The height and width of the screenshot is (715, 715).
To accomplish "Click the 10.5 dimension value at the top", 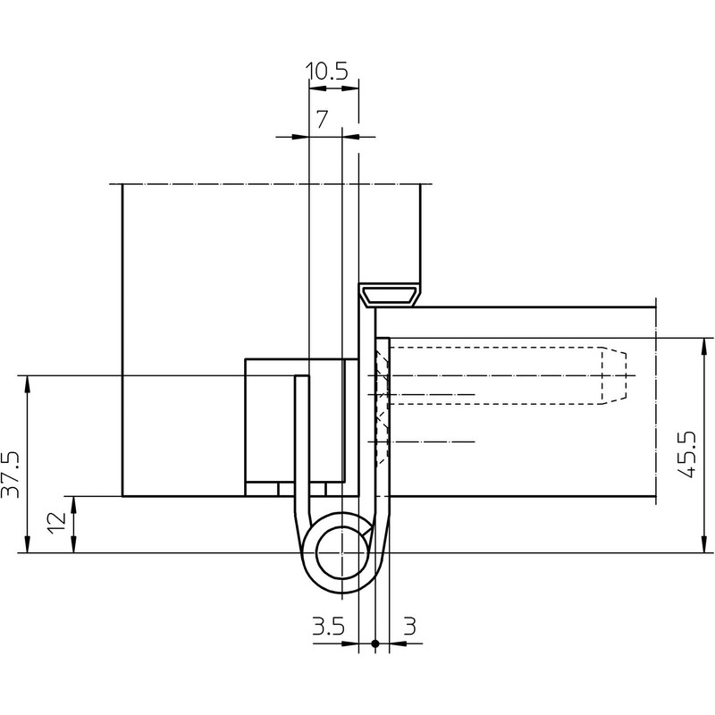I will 327,71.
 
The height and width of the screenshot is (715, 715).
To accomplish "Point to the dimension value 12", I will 57,524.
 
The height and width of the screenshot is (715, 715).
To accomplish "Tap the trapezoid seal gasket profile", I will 390,294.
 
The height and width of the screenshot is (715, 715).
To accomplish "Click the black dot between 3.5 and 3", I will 374,643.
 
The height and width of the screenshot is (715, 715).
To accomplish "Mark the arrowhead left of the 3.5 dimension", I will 351,643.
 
